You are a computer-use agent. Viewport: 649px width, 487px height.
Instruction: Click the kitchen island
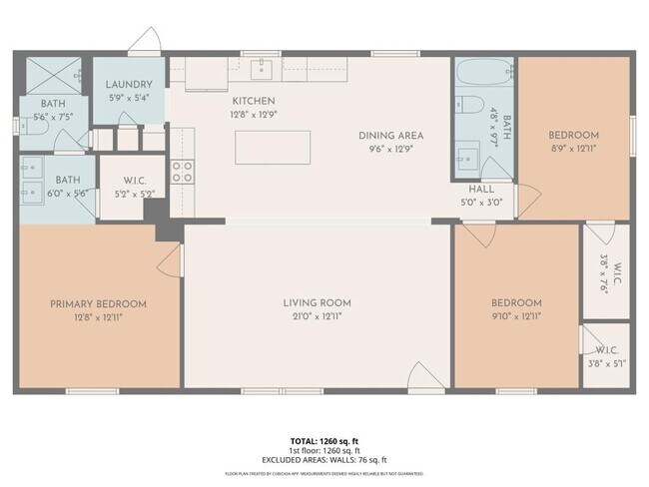click(272, 147)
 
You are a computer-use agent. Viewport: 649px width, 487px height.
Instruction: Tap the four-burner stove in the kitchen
click(182, 172)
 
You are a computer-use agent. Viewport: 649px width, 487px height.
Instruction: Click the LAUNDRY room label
click(130, 85)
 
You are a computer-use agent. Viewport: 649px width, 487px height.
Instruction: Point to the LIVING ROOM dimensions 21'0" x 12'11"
click(317, 317)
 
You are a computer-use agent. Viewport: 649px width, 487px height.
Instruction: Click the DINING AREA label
click(391, 136)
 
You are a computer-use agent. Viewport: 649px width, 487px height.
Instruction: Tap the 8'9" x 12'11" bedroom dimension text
click(573, 149)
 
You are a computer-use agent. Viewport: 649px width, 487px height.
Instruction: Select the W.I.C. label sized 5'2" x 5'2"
click(135, 194)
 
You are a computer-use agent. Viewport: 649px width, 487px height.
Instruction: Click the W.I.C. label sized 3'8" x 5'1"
click(606, 364)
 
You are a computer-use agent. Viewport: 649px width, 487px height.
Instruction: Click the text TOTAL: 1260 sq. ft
click(324, 439)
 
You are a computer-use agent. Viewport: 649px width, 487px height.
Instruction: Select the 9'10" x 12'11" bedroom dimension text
click(516, 317)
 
